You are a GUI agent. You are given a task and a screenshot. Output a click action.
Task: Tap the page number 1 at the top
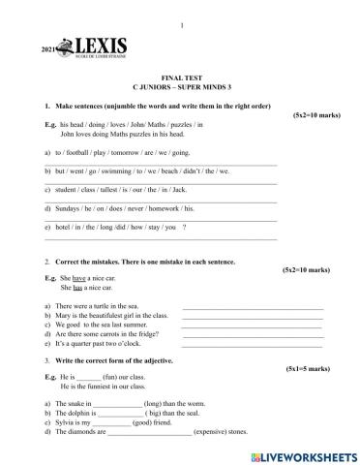(x=181, y=10)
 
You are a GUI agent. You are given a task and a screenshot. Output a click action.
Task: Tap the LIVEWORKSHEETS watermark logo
(x=304, y=454)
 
